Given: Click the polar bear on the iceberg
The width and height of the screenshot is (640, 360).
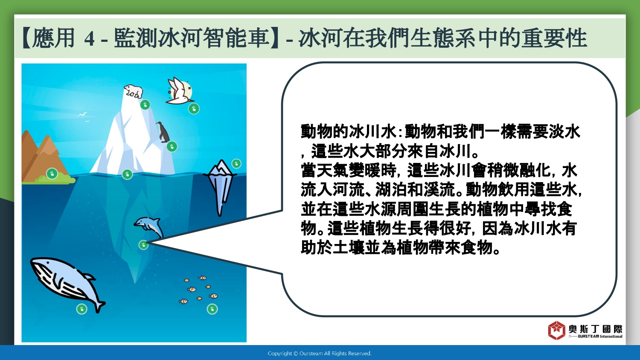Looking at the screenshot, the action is tap(133, 91).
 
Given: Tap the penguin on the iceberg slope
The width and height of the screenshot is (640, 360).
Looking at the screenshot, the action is tap(163, 132).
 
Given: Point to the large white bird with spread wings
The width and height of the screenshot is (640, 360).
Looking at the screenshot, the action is tap(180, 91).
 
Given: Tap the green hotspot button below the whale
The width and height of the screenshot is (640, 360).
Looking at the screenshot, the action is tap(82, 309).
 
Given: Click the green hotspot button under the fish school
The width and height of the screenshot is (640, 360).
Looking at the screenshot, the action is tap(212, 309).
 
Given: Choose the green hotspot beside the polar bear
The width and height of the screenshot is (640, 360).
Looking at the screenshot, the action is tap(145, 105).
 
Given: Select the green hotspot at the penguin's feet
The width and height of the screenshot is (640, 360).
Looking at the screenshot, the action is tap(172, 147).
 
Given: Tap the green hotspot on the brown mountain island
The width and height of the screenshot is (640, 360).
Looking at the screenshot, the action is tap(52, 174).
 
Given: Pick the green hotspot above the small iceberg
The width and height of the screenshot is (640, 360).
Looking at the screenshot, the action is tap(236, 164).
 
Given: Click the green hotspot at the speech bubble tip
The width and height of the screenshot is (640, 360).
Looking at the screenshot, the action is tap(143, 245).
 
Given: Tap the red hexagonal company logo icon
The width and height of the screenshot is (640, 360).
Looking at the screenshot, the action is tap(556, 330).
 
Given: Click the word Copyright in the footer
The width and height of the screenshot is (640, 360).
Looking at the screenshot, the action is tap(280, 354).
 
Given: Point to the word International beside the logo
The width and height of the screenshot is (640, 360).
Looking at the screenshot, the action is tap(611, 336).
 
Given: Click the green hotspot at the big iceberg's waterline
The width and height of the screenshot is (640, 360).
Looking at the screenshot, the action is tap(127, 174).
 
